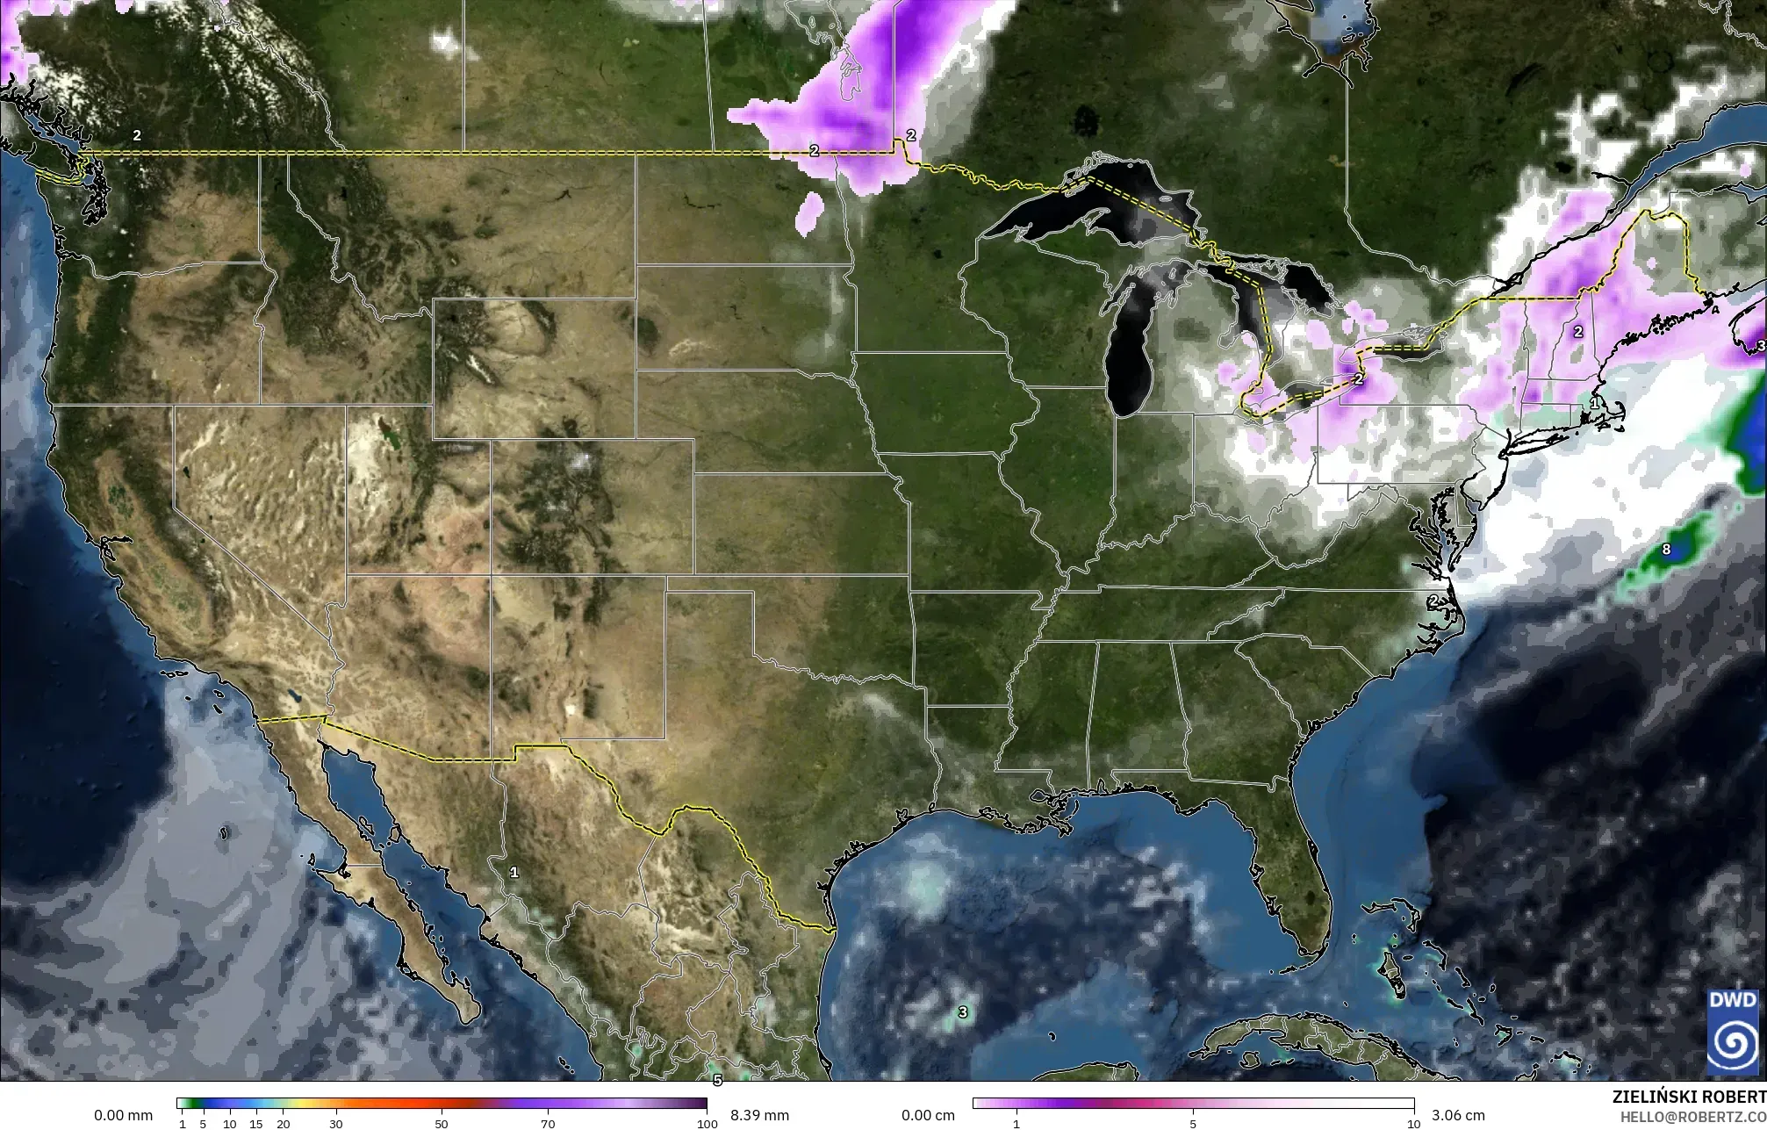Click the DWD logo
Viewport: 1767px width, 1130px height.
(1732, 1031)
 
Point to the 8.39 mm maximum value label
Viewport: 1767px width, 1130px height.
(759, 1115)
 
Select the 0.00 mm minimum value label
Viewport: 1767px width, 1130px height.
(123, 1115)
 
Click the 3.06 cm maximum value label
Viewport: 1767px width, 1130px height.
(1452, 1115)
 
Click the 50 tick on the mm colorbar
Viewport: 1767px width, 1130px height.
(442, 1123)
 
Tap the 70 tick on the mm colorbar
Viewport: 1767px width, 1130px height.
(548, 1123)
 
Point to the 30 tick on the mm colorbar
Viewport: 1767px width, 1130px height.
(335, 1123)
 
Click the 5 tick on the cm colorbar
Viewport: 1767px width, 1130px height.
(1193, 1123)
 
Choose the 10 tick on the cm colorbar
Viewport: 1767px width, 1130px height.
(1413, 1123)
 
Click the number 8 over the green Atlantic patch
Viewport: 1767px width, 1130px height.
(1666, 551)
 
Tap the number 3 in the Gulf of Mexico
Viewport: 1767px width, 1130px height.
(963, 1011)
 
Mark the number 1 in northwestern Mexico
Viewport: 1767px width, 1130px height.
(514, 872)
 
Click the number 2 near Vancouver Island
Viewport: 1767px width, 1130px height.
(137, 135)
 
